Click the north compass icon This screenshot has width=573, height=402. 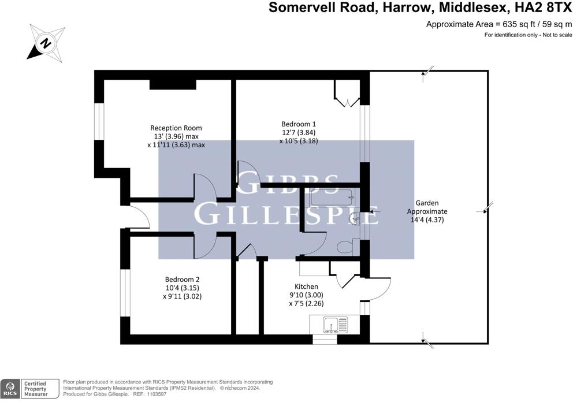(x=45, y=42)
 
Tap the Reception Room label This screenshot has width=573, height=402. (x=176, y=128)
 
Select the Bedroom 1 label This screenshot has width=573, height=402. (x=299, y=124)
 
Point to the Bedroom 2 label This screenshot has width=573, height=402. (x=182, y=279)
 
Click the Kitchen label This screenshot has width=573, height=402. (x=306, y=286)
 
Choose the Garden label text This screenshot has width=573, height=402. (x=427, y=203)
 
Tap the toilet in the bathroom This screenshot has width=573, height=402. (x=344, y=247)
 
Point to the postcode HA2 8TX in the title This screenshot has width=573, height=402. (x=539, y=8)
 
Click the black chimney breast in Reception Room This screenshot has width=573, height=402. (x=172, y=84)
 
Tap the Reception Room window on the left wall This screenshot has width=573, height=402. (x=99, y=122)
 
